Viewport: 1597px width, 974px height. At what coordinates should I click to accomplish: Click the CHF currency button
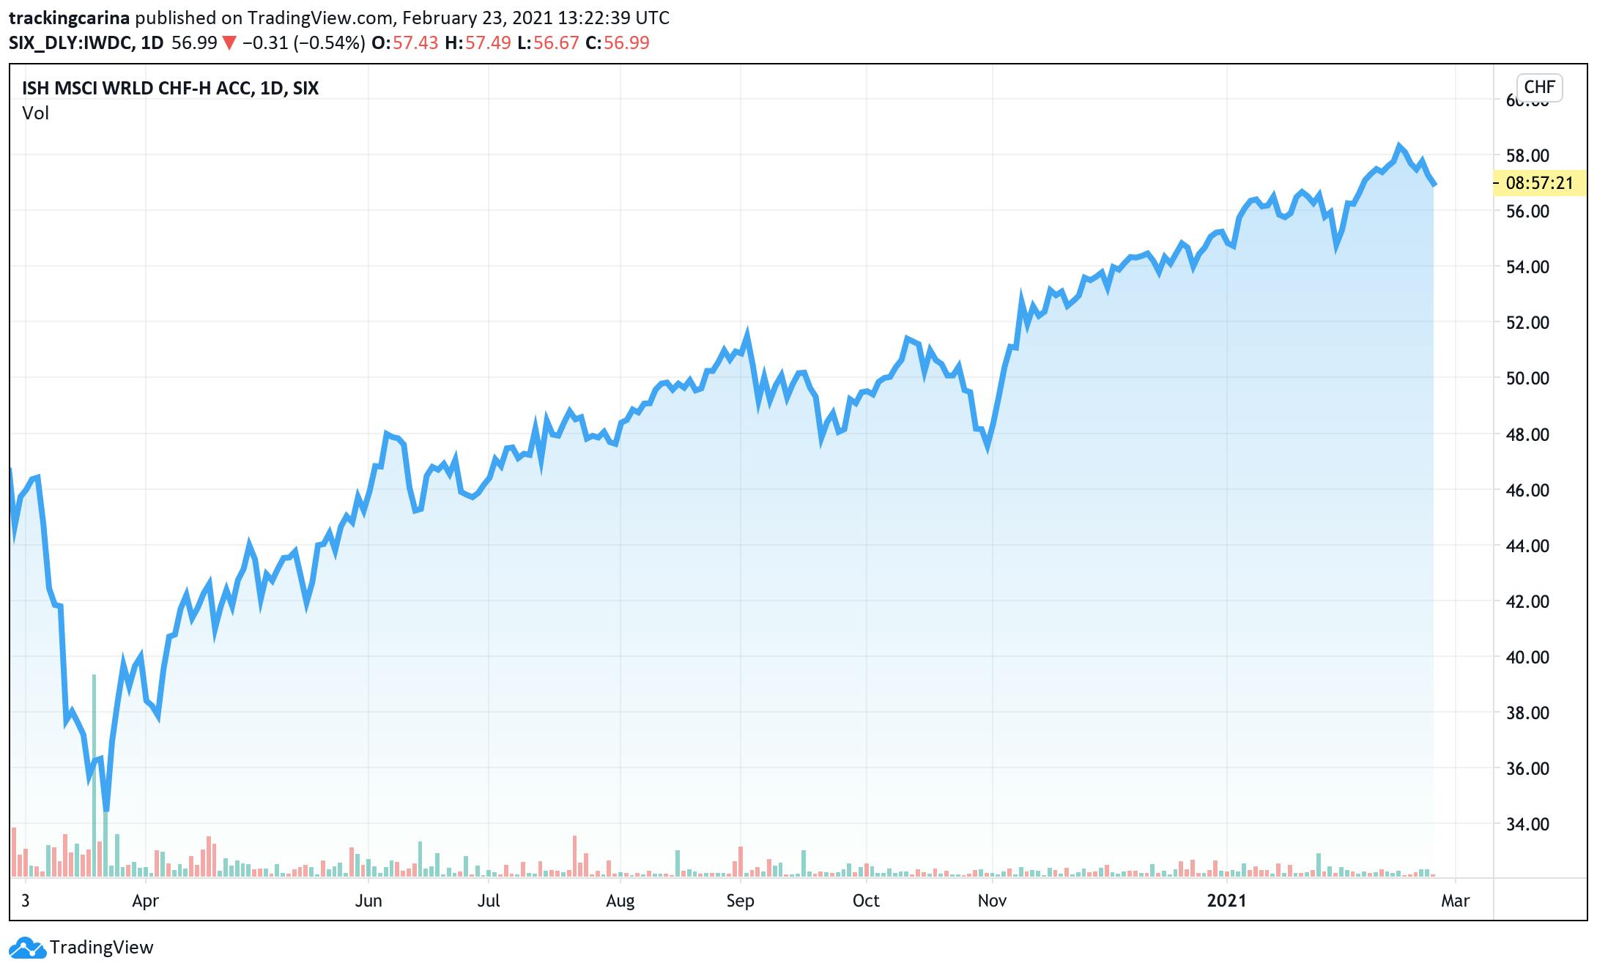click(x=1538, y=87)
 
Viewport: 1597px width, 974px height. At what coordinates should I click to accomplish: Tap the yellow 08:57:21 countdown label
click(x=1539, y=182)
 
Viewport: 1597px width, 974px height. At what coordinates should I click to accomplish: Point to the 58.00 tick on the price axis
click(x=1527, y=155)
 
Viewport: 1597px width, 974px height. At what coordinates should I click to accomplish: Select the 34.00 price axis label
click(x=1527, y=824)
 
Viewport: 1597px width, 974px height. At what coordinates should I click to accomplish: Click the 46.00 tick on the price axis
click(x=1527, y=490)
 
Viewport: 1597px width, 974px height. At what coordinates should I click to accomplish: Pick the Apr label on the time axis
click(x=145, y=900)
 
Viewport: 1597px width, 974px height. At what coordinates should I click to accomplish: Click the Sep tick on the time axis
click(x=740, y=900)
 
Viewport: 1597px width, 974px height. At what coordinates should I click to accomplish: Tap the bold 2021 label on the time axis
click(x=1226, y=900)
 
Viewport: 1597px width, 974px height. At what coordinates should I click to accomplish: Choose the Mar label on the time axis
click(x=1455, y=900)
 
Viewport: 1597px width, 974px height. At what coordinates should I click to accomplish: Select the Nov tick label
click(x=991, y=900)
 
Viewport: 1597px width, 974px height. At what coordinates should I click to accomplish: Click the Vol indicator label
click(x=35, y=113)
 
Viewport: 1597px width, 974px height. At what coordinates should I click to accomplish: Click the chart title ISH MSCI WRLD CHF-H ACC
click(x=139, y=89)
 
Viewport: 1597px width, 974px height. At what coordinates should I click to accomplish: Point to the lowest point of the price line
click(x=106, y=809)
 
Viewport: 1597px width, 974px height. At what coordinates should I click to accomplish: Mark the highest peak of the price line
click(x=1398, y=146)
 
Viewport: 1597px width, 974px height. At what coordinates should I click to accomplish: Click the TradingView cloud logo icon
click(x=28, y=948)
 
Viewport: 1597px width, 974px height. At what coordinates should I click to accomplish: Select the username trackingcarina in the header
click(x=70, y=18)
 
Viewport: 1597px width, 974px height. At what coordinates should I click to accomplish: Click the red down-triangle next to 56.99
click(x=229, y=43)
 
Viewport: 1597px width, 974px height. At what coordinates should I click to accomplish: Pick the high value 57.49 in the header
click(x=488, y=42)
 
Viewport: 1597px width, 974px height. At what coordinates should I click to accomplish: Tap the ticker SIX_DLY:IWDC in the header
click(x=71, y=42)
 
